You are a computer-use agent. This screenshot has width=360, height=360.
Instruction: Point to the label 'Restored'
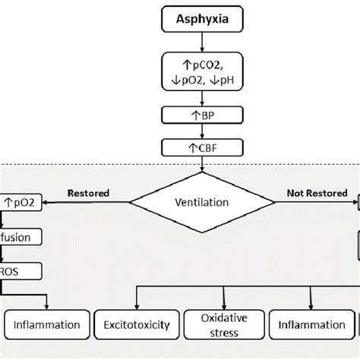[x=87, y=193]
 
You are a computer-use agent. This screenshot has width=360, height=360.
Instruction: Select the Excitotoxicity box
[x=137, y=326]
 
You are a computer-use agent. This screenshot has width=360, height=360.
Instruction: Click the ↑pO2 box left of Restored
[x=21, y=203]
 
